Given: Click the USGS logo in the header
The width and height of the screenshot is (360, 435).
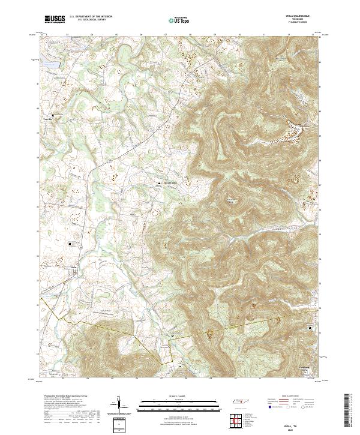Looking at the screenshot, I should (x=55, y=20).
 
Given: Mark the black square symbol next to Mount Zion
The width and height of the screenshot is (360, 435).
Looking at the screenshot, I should (x=159, y=184).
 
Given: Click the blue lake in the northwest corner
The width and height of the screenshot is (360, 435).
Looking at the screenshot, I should (x=51, y=64).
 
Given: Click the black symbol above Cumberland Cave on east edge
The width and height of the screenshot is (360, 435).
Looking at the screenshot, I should (x=310, y=328).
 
